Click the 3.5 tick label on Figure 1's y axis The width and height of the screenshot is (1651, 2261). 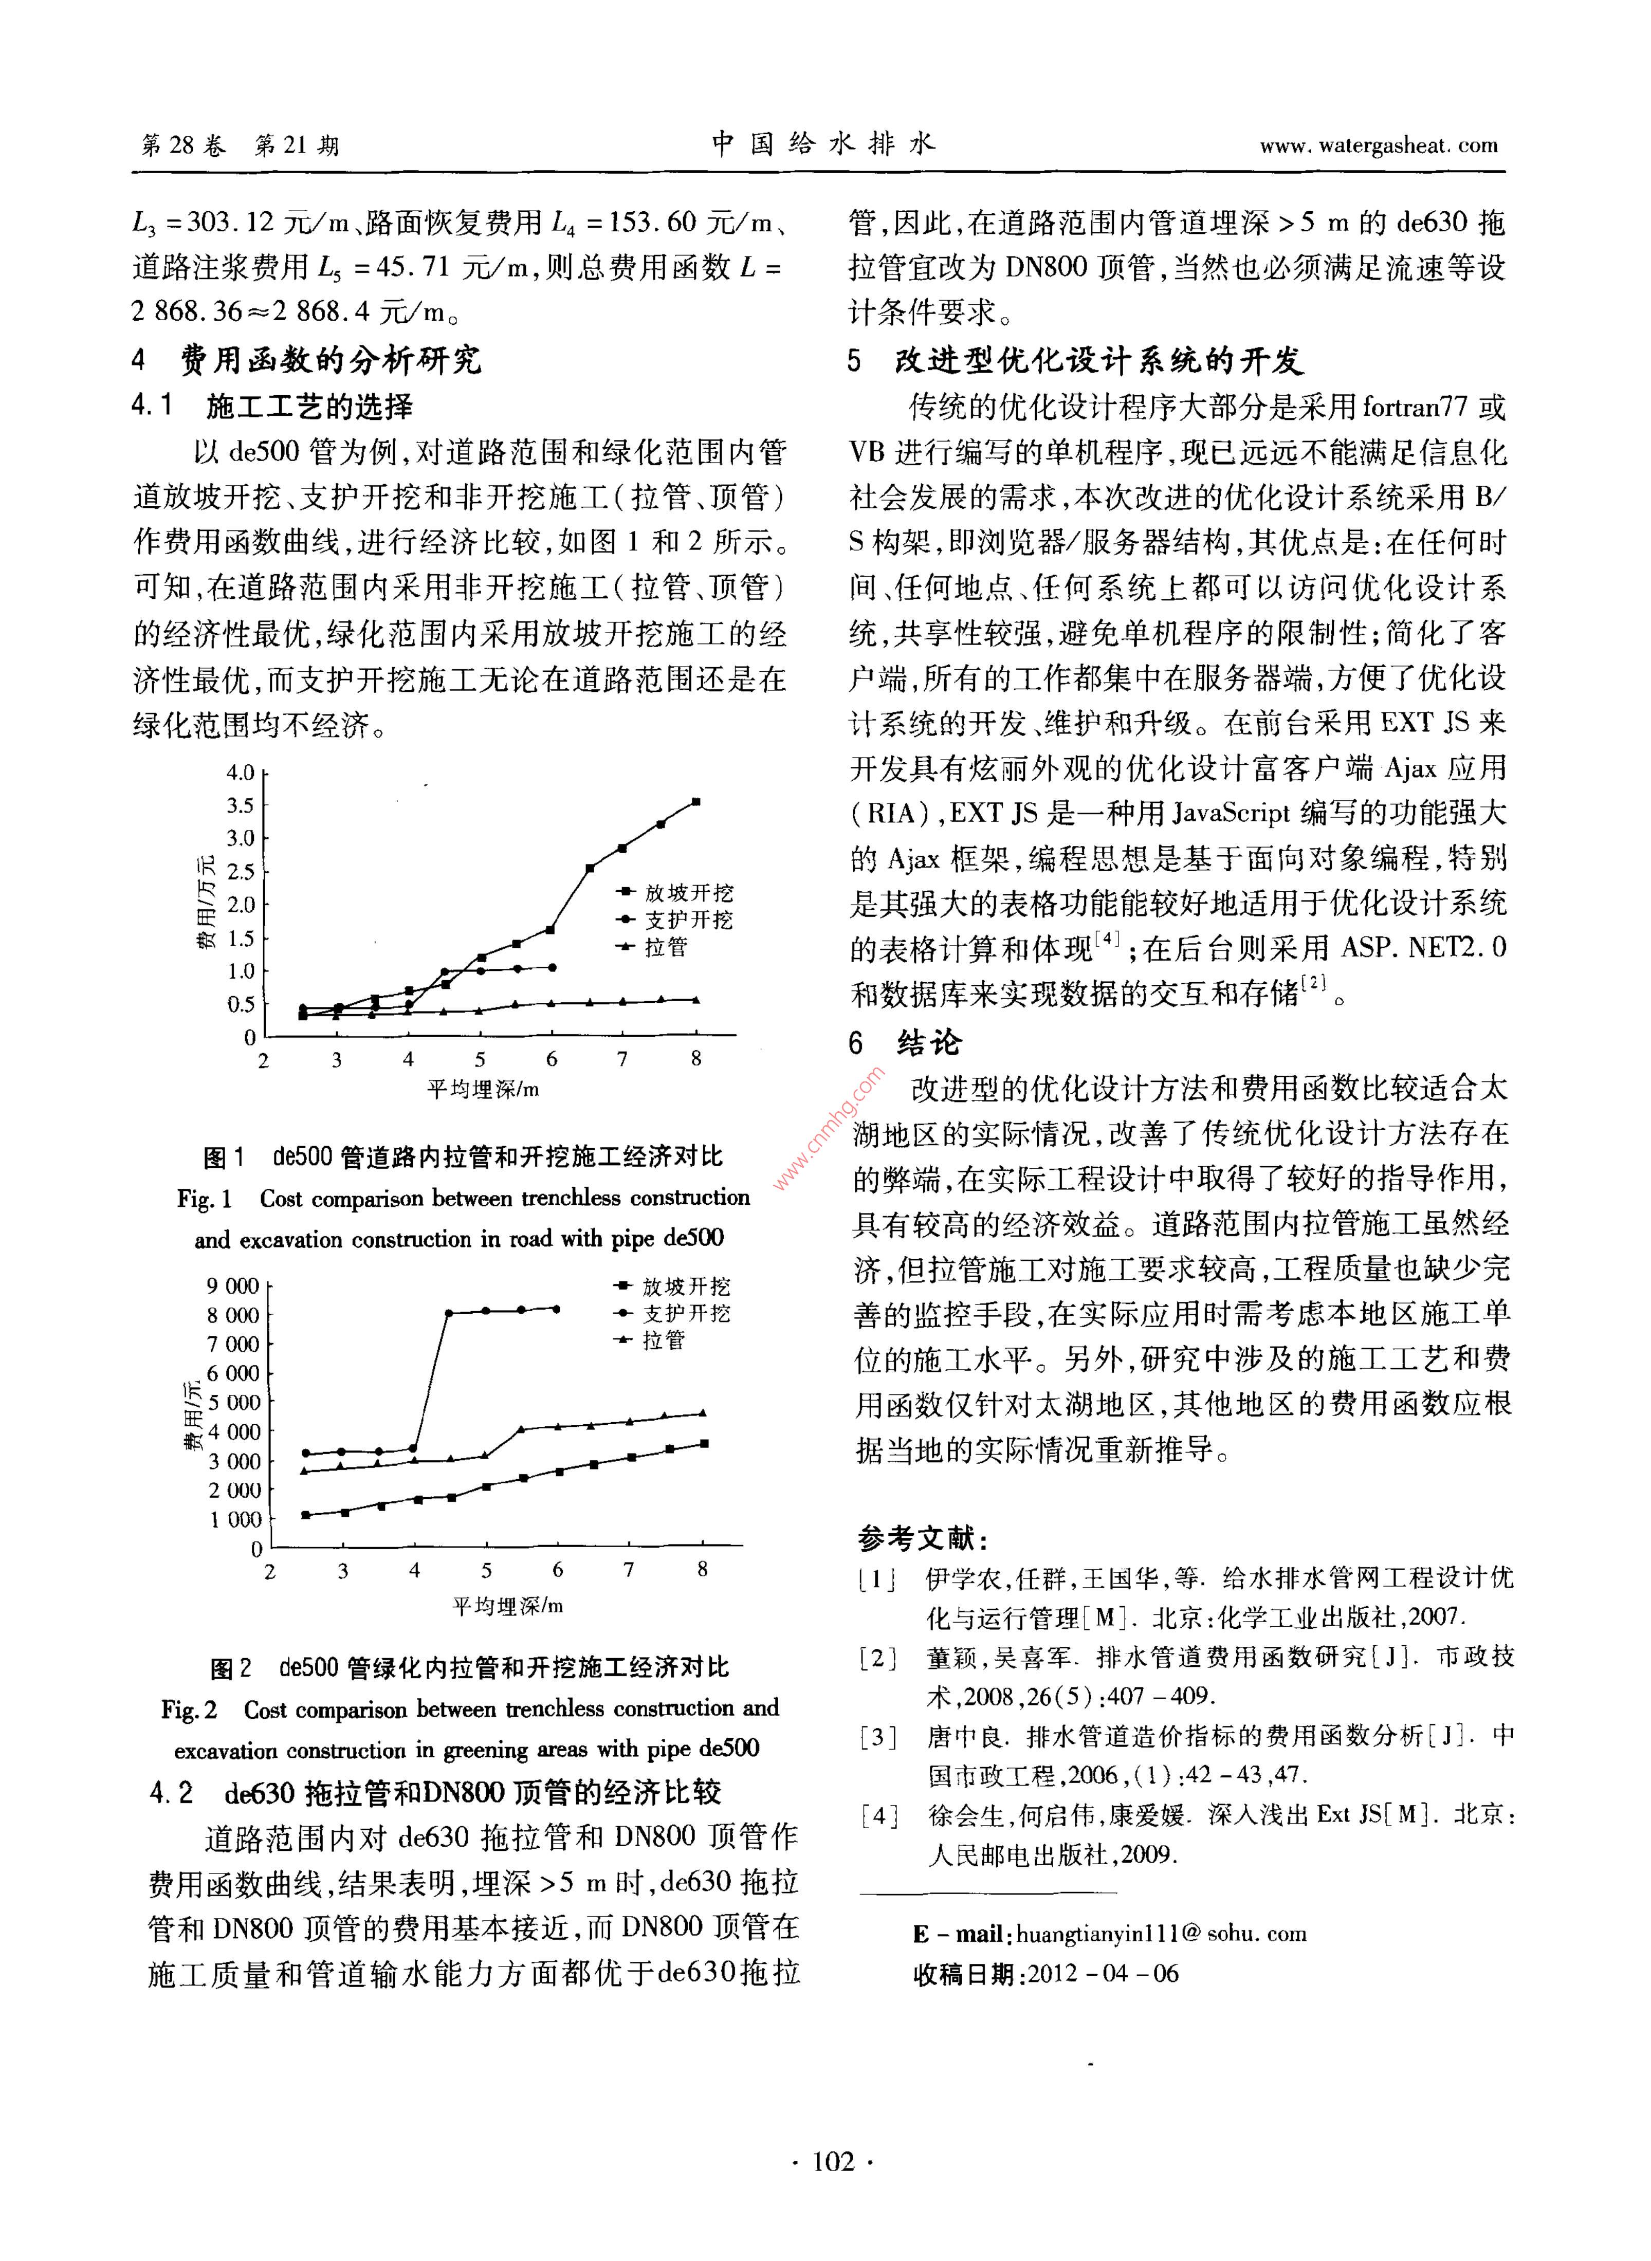click(240, 805)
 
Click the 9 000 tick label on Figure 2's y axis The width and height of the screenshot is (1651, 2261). click(233, 1286)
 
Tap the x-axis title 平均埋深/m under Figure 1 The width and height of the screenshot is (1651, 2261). click(483, 1089)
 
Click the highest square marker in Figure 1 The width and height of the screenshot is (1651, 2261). click(695, 801)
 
